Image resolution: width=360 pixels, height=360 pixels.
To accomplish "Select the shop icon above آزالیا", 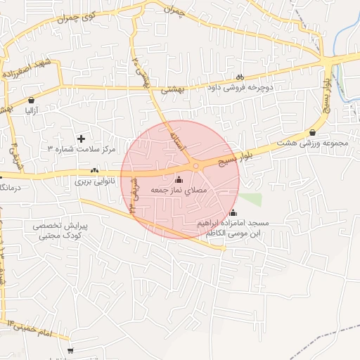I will coord(32,100).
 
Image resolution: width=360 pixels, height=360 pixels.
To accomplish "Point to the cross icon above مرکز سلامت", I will coord(81,139).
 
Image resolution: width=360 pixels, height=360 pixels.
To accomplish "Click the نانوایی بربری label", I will coord(94,181).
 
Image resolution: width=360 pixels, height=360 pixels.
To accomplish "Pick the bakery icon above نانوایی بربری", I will coord(94,171).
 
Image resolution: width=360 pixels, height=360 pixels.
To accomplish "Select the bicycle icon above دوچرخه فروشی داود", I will coord(240,77).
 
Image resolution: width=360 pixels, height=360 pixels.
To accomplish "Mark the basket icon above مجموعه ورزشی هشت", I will coord(312,132).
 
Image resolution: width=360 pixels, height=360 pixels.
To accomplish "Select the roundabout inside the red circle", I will coord(196,166).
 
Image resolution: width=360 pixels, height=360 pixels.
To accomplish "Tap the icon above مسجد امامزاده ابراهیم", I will coord(233,213).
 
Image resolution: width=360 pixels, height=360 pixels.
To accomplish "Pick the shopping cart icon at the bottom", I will coord(70,350).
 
